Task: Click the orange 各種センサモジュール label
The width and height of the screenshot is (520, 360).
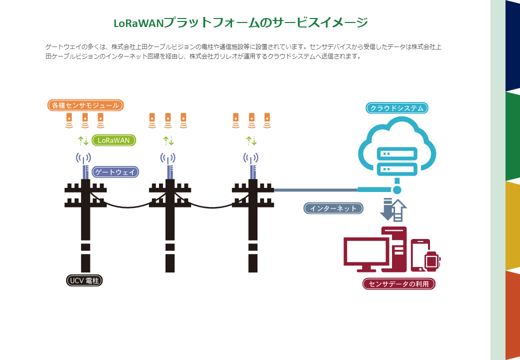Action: coord(85,105)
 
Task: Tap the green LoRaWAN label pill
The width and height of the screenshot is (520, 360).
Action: coord(113,140)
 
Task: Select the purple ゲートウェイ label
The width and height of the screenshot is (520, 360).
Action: coord(115,172)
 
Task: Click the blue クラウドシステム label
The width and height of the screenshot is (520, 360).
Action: coord(397,108)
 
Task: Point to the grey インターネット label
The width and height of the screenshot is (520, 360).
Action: coord(333,208)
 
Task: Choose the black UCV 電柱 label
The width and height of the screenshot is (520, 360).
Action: coord(84,281)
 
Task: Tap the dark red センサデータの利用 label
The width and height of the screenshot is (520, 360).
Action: coord(398,284)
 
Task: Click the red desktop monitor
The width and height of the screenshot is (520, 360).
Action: coord(366,252)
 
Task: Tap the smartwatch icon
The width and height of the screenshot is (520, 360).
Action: coord(431,260)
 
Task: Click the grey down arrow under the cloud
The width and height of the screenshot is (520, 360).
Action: coord(387,209)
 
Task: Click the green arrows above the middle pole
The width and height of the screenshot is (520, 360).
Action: coord(168,140)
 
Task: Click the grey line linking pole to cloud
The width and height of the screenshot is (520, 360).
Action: coord(315,190)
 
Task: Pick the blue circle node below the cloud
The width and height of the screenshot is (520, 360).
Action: coord(397,190)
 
